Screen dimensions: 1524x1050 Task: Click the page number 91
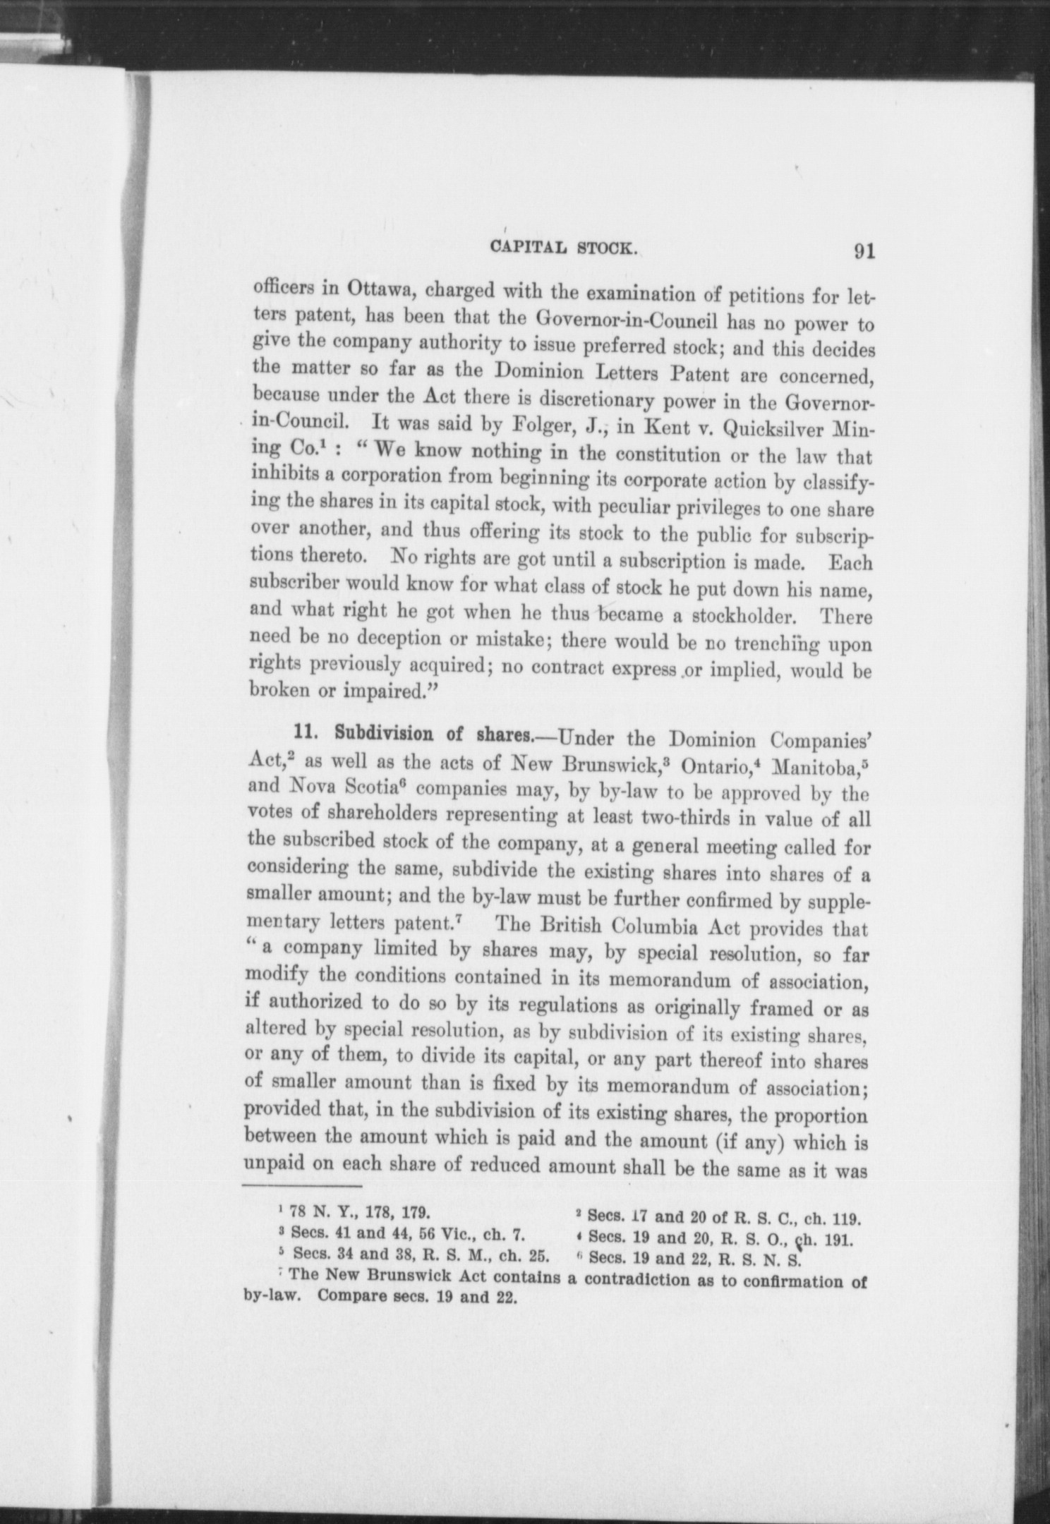click(864, 252)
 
